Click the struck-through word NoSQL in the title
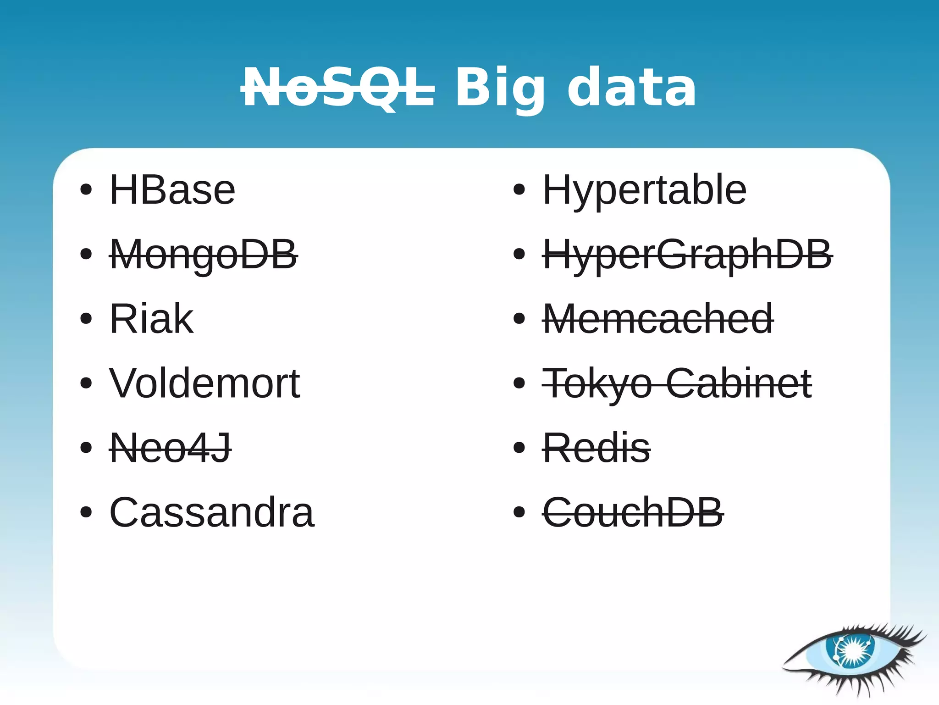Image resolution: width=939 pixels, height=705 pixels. tap(338, 88)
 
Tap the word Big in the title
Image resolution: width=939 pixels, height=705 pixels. tap(500, 88)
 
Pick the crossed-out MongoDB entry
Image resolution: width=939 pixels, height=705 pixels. tap(204, 255)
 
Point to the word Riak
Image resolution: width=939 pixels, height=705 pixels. tap(151, 319)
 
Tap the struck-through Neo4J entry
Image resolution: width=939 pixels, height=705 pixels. tap(170, 448)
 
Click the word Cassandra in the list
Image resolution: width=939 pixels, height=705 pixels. tap(212, 512)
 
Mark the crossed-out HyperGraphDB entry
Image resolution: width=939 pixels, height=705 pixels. tap(687, 255)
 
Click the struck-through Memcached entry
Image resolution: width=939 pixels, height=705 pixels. tap(658, 319)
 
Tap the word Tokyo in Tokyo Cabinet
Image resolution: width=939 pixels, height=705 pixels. tap(597, 383)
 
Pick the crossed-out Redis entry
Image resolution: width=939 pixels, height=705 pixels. tap(596, 448)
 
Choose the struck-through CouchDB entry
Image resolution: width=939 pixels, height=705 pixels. tap(633, 512)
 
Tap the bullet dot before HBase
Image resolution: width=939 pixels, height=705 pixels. tap(86, 189)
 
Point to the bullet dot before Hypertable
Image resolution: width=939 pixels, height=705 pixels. tap(519, 189)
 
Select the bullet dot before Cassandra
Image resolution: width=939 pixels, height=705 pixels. tap(86, 512)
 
